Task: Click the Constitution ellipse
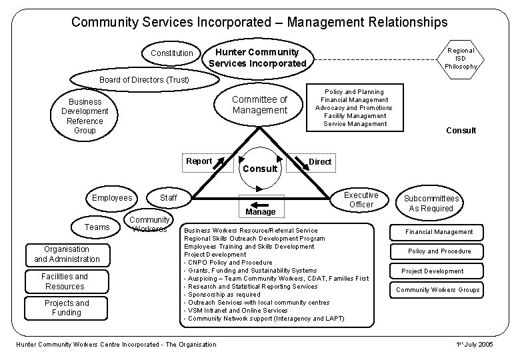coord(171,53)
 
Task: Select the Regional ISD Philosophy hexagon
coord(461,59)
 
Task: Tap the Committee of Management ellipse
coord(259,105)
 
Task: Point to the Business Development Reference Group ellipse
coord(85,116)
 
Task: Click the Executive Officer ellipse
coord(361,199)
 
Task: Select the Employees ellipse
coord(112,197)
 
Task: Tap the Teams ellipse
coord(97,227)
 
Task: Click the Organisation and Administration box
coord(67,254)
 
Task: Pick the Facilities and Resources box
coord(64,281)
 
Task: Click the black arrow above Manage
coord(260,205)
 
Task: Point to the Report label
coord(199,161)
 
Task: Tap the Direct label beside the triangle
coord(321,162)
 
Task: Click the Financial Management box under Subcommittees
coord(439,232)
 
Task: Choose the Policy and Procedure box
coord(439,251)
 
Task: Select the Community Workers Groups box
coord(437,289)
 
